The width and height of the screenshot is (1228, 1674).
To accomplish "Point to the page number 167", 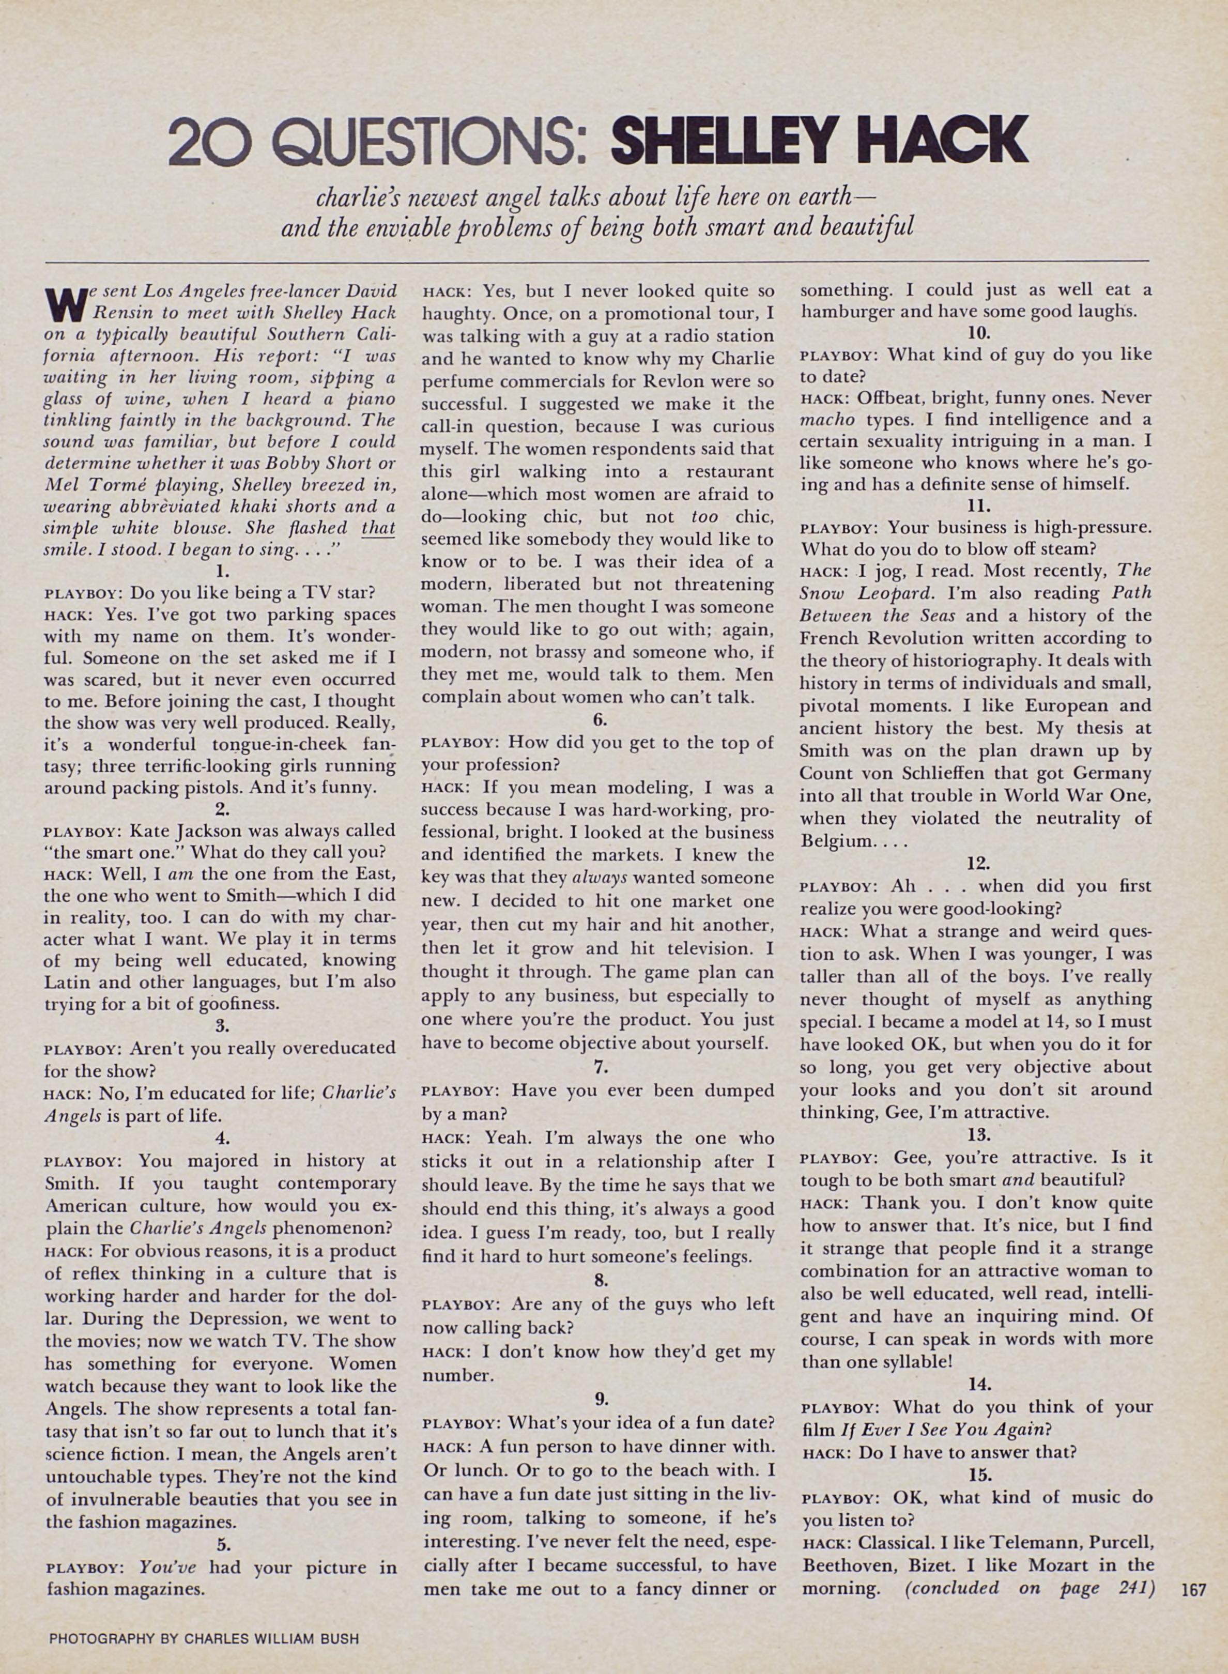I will pyautogui.click(x=1192, y=1589).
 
